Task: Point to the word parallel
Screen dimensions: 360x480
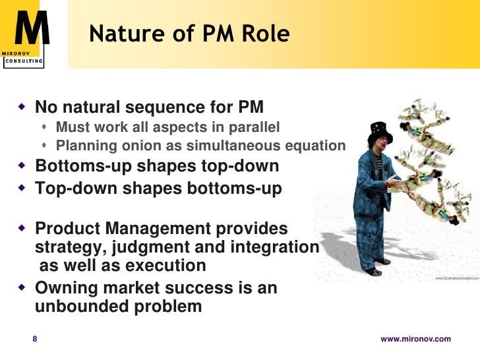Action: (x=254, y=127)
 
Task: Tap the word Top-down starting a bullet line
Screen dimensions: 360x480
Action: (x=73, y=189)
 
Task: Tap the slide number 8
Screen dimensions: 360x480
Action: (x=36, y=339)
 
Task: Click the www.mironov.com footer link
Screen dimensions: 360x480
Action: (x=416, y=339)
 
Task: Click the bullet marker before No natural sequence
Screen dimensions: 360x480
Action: (x=22, y=106)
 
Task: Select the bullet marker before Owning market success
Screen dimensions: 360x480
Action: (x=22, y=288)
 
